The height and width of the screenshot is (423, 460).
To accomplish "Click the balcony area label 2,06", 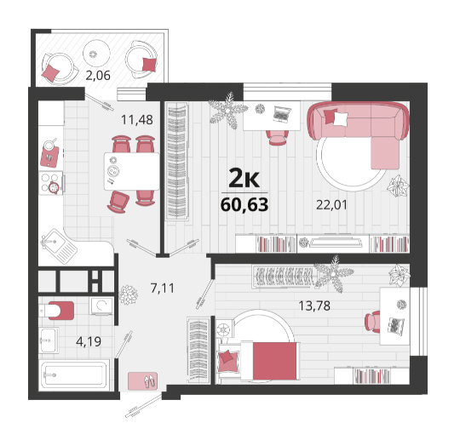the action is click(98, 76).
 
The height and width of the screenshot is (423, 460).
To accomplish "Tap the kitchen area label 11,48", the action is click(137, 120).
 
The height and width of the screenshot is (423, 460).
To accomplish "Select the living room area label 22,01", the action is click(331, 204).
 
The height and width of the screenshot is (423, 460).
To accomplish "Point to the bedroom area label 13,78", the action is click(314, 306).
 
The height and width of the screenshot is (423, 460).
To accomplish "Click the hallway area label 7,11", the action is click(162, 289).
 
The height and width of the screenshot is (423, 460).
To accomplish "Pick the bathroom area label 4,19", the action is click(89, 341).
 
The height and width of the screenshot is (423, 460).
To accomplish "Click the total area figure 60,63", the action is click(244, 204).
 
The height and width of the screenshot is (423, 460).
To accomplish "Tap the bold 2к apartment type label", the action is click(244, 178).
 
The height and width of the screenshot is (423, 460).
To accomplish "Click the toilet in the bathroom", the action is click(56, 311).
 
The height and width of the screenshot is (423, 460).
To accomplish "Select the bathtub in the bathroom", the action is click(74, 375).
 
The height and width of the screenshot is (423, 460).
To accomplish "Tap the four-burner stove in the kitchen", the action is click(51, 183).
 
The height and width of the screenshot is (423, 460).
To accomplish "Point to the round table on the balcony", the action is click(96, 54).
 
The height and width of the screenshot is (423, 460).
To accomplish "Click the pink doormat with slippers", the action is click(142, 381).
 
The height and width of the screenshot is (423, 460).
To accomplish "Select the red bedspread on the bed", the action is click(274, 361).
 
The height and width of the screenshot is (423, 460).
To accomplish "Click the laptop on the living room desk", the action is click(282, 114).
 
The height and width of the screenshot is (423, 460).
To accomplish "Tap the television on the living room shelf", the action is click(336, 241).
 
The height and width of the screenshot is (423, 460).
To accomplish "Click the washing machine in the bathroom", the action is click(101, 306).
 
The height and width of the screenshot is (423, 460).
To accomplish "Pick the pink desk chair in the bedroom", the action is click(372, 322).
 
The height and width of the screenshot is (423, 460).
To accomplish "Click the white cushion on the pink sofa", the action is click(341, 118).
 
